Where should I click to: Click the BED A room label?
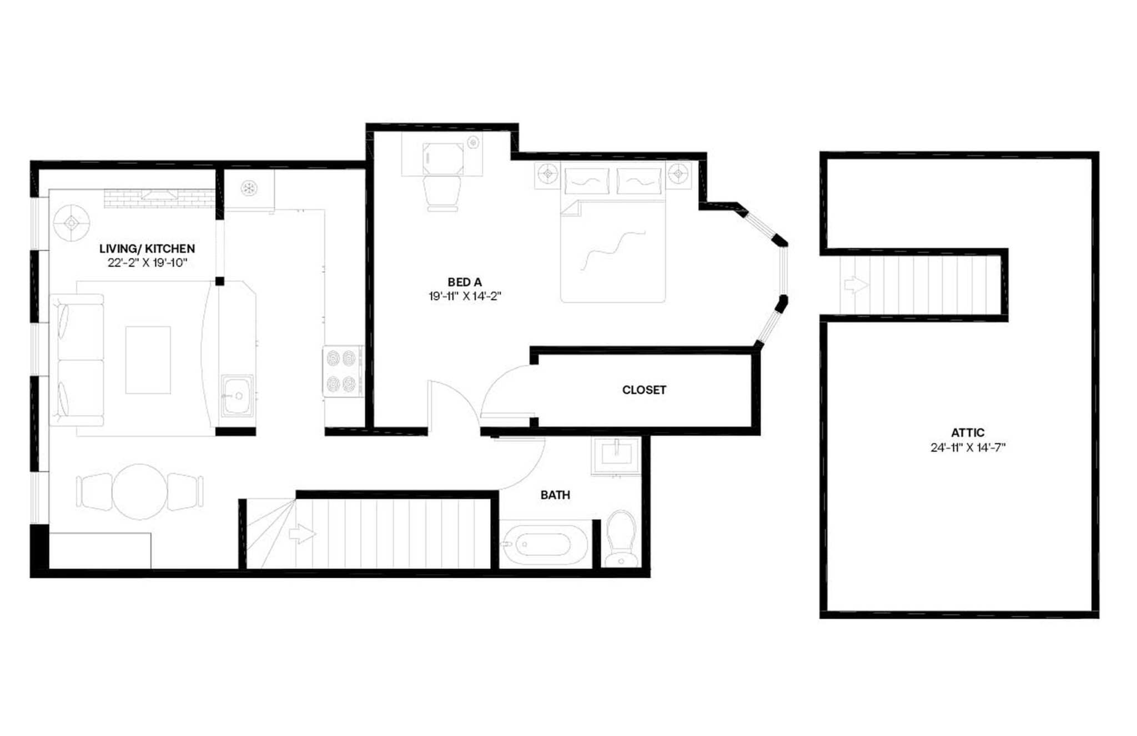point(465,283)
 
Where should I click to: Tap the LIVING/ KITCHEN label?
point(147,249)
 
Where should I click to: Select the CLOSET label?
point(644,390)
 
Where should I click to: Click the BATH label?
point(555,495)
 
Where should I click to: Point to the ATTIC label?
point(968,433)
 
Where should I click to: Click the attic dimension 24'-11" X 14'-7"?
point(968,447)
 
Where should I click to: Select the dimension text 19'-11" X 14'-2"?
point(465,297)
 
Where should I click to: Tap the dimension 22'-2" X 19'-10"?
point(148,263)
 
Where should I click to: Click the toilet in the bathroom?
point(621,539)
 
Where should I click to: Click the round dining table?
point(140,492)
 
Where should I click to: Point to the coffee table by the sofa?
point(148,360)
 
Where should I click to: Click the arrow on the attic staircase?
point(856,285)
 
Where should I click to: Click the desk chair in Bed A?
point(442,193)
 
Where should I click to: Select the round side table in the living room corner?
point(72,223)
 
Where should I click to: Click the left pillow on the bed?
point(586,181)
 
